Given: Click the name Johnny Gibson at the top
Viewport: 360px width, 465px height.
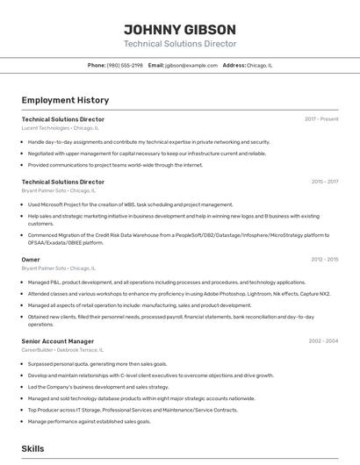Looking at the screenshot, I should point(179,28).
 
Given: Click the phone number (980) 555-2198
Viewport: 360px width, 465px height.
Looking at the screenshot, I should point(125,65).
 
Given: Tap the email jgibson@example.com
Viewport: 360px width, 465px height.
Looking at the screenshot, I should point(191,65).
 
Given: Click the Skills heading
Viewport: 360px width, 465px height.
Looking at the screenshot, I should point(32,448).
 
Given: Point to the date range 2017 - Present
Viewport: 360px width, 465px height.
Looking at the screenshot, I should point(321,118).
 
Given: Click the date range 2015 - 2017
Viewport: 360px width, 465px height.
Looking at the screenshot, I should point(324,182).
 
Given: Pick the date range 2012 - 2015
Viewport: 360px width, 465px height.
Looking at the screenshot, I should point(324,260).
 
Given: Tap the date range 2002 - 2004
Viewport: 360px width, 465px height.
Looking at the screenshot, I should point(323,340).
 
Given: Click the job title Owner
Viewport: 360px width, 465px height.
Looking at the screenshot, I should point(31,260).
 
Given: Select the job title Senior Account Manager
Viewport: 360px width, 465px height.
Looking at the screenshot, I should point(58,340).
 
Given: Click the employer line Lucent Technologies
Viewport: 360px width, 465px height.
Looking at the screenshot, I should point(60,127).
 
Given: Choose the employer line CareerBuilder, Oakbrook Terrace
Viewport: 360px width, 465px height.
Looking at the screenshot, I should point(67,349).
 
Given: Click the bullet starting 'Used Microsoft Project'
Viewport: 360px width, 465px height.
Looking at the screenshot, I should point(130,204).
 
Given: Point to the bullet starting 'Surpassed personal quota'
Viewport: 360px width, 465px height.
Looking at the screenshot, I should point(97,363).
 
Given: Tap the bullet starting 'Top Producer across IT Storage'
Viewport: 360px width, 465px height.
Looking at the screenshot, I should point(133,410).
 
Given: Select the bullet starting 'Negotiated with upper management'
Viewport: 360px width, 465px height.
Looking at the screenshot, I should point(147,153).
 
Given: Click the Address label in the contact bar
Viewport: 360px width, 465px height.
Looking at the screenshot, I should point(234,65).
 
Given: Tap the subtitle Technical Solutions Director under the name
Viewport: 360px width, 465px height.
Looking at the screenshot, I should point(179,44).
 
